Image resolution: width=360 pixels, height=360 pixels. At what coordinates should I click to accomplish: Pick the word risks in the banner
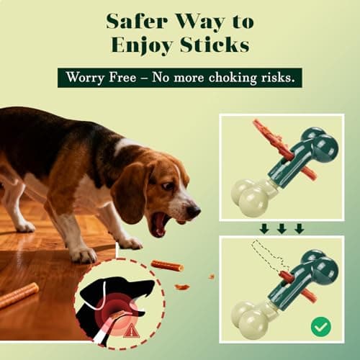point(276,78)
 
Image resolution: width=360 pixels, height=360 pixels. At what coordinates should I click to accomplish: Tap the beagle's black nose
point(193,210)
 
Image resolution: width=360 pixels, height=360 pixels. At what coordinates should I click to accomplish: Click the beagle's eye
point(168,186)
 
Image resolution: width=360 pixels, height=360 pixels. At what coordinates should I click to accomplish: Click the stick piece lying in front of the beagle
point(166,266)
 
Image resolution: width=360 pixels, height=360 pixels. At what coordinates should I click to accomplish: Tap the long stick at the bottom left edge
point(18,294)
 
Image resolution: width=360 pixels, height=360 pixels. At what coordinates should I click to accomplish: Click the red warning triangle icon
point(131,331)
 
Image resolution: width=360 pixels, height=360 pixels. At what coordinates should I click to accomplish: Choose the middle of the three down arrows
point(282,228)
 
